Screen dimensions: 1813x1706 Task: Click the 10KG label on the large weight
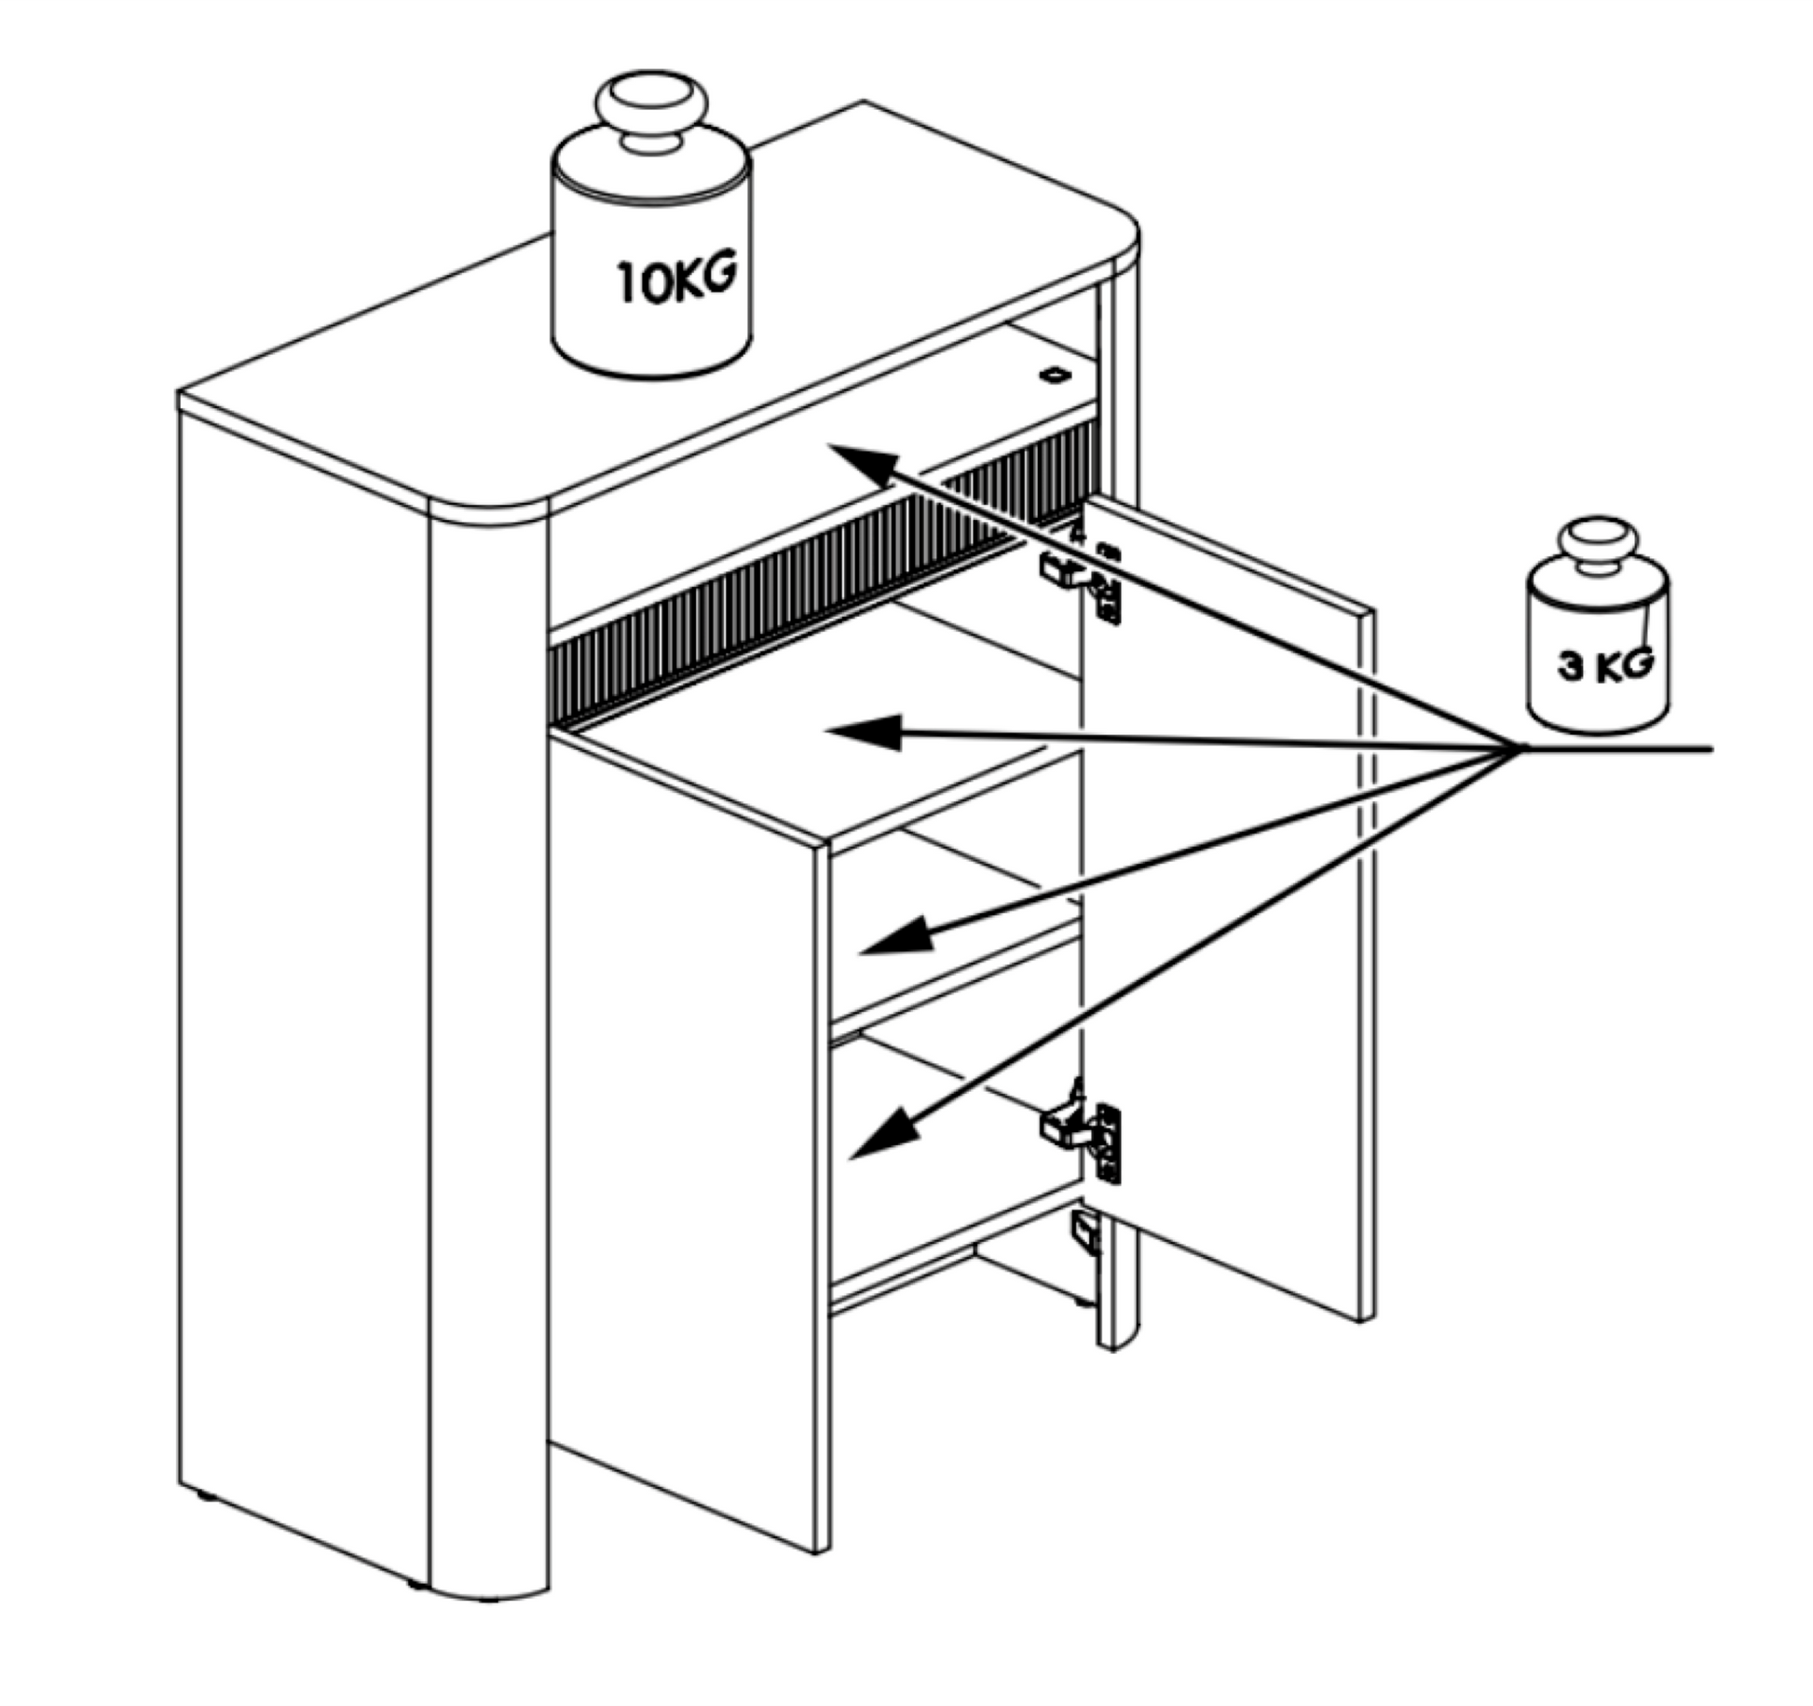pyautogui.click(x=676, y=277)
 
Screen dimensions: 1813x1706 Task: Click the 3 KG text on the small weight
pyautogui.click(x=1605, y=665)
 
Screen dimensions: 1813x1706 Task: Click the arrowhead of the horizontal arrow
pyautogui.click(x=864, y=732)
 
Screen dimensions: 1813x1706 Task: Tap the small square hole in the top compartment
pyautogui.click(x=1056, y=375)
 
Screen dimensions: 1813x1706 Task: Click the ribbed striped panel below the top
pyautogui.click(x=820, y=578)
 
